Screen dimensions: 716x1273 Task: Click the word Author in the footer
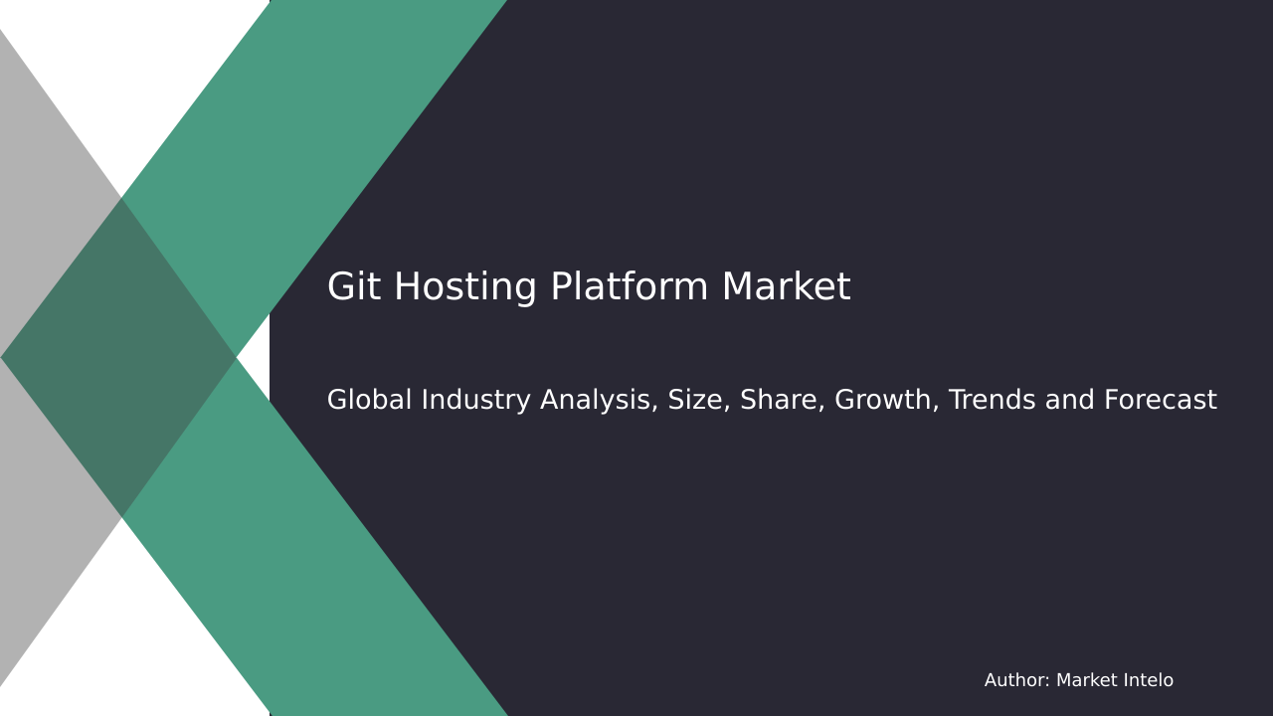point(1014,681)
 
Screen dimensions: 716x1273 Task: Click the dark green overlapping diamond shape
point(119,358)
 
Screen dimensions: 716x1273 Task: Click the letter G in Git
point(340,288)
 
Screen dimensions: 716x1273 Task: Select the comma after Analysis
point(655,409)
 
